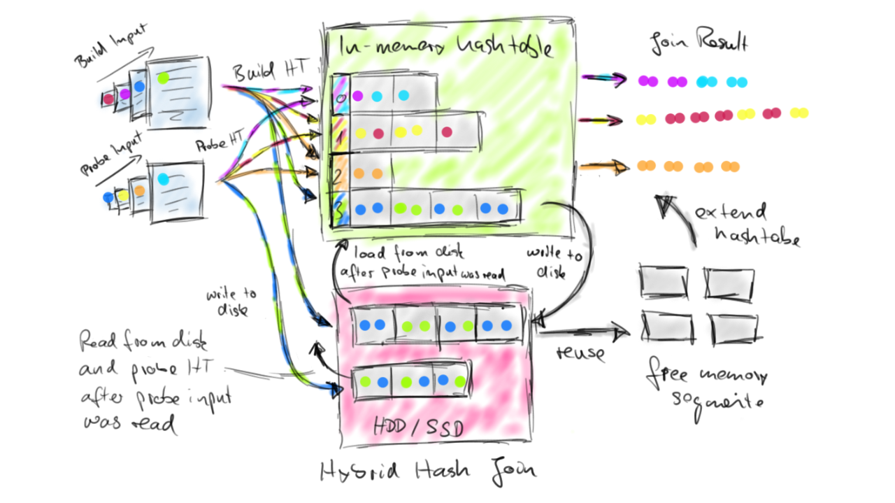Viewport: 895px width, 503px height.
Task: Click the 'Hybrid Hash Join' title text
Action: point(428,472)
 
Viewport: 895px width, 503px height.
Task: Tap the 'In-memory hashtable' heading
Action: point(445,48)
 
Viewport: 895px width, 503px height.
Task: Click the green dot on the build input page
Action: point(163,78)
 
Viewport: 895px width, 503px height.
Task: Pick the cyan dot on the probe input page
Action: point(163,179)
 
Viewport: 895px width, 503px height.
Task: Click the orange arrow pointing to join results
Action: point(602,167)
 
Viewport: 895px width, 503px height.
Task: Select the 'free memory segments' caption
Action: point(707,388)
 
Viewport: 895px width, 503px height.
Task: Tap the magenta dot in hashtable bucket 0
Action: point(357,96)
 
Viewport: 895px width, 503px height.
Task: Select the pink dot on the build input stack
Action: point(109,99)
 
